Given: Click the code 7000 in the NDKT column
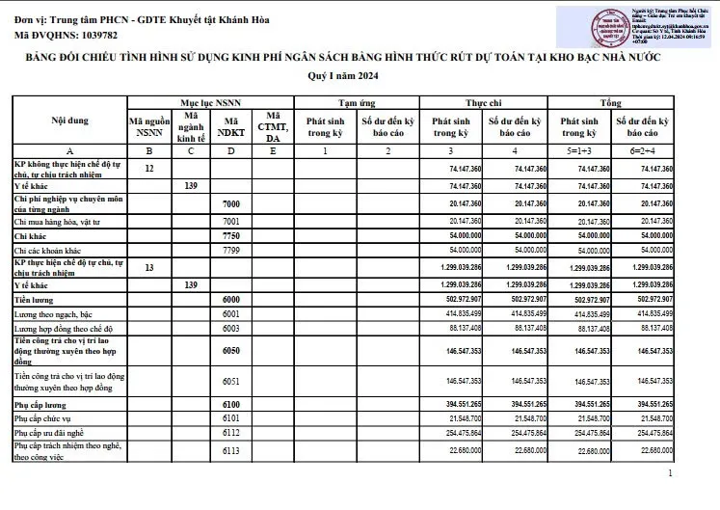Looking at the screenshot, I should click(231, 204).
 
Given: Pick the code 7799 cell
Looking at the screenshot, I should click(231, 249).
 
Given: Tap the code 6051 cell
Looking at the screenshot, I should click(231, 381).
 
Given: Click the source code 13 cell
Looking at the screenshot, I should click(148, 267).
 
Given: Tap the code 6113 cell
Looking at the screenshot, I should click(231, 450).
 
